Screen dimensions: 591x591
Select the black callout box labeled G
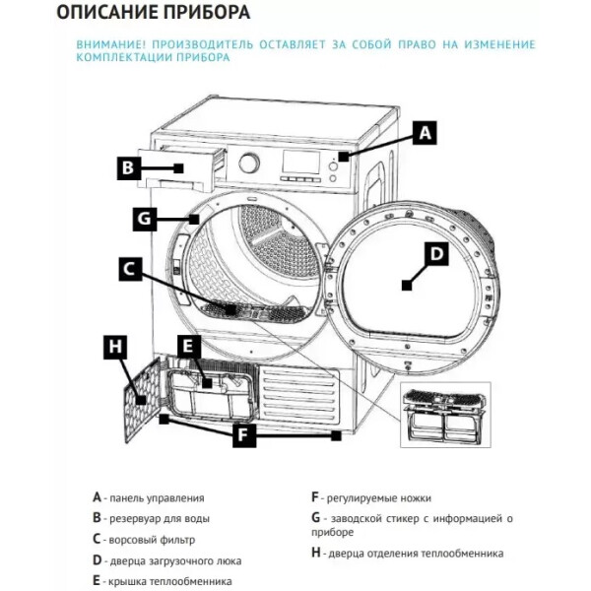click(x=145, y=219)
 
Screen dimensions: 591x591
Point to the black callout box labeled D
click(x=436, y=254)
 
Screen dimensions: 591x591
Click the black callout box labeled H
click(x=115, y=347)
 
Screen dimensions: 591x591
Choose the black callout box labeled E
click(x=190, y=347)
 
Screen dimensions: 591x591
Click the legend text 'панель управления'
click(x=157, y=498)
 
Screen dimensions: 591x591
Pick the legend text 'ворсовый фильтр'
click(x=152, y=540)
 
